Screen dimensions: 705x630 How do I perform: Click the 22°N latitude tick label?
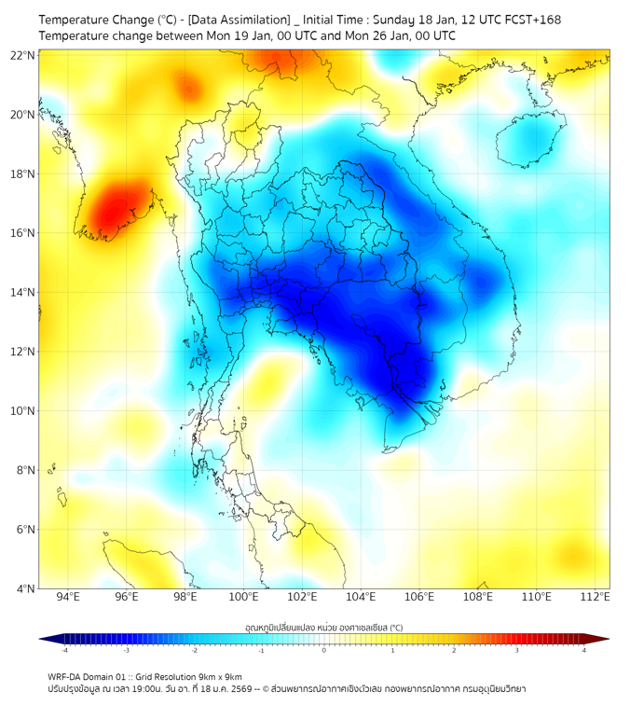23,55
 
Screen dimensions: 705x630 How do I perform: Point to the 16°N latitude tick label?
23,233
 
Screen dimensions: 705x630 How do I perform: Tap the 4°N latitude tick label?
26,589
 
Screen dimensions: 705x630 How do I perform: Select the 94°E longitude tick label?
68,598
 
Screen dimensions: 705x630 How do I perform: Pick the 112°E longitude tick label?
595,598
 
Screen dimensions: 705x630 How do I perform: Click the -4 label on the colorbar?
64,651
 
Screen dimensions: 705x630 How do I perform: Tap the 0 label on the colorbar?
324,651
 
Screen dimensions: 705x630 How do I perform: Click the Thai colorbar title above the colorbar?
323,627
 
